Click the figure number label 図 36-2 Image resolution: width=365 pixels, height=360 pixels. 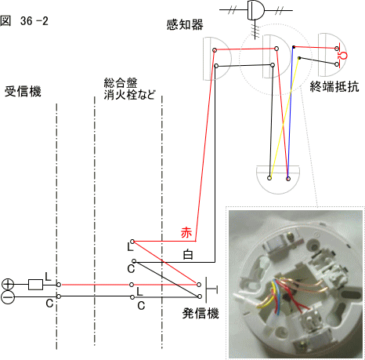pos(24,21)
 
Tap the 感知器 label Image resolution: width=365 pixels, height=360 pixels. pos(185,25)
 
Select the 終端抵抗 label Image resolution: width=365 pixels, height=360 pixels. pos(334,86)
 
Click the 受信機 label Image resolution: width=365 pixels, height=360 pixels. pos(23,92)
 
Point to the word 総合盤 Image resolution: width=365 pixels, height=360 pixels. pos(121,83)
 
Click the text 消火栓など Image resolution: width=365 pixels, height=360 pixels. pos(129,95)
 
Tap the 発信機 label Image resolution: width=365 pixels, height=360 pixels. pos(201,313)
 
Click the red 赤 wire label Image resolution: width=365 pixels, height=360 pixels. pos(186,233)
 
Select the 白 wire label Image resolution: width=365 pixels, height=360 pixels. pos(188,254)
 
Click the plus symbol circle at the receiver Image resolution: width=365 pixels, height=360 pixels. pos(8,285)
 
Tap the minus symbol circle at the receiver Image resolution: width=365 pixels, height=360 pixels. pos(8,297)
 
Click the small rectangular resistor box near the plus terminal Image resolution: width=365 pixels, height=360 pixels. pos(35,285)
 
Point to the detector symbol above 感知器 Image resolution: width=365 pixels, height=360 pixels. pos(256,10)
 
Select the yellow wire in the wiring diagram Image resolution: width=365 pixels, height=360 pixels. pos(284,118)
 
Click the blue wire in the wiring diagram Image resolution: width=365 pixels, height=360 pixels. pos(291,113)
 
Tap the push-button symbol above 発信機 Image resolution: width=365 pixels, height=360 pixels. pos(211,290)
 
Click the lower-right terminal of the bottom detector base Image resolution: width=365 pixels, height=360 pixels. pos(288,179)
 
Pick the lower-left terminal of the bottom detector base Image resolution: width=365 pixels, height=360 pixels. pos(269,178)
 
